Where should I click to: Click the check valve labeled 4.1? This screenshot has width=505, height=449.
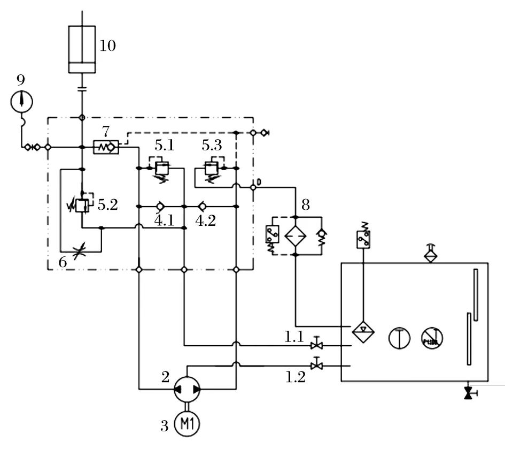point(159,206)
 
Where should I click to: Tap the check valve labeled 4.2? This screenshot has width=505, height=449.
point(203,206)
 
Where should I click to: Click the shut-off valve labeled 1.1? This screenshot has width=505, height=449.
point(317,343)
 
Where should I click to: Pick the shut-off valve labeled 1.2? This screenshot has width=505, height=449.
point(317,365)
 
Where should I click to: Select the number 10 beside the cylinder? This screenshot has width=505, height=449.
point(107,46)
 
